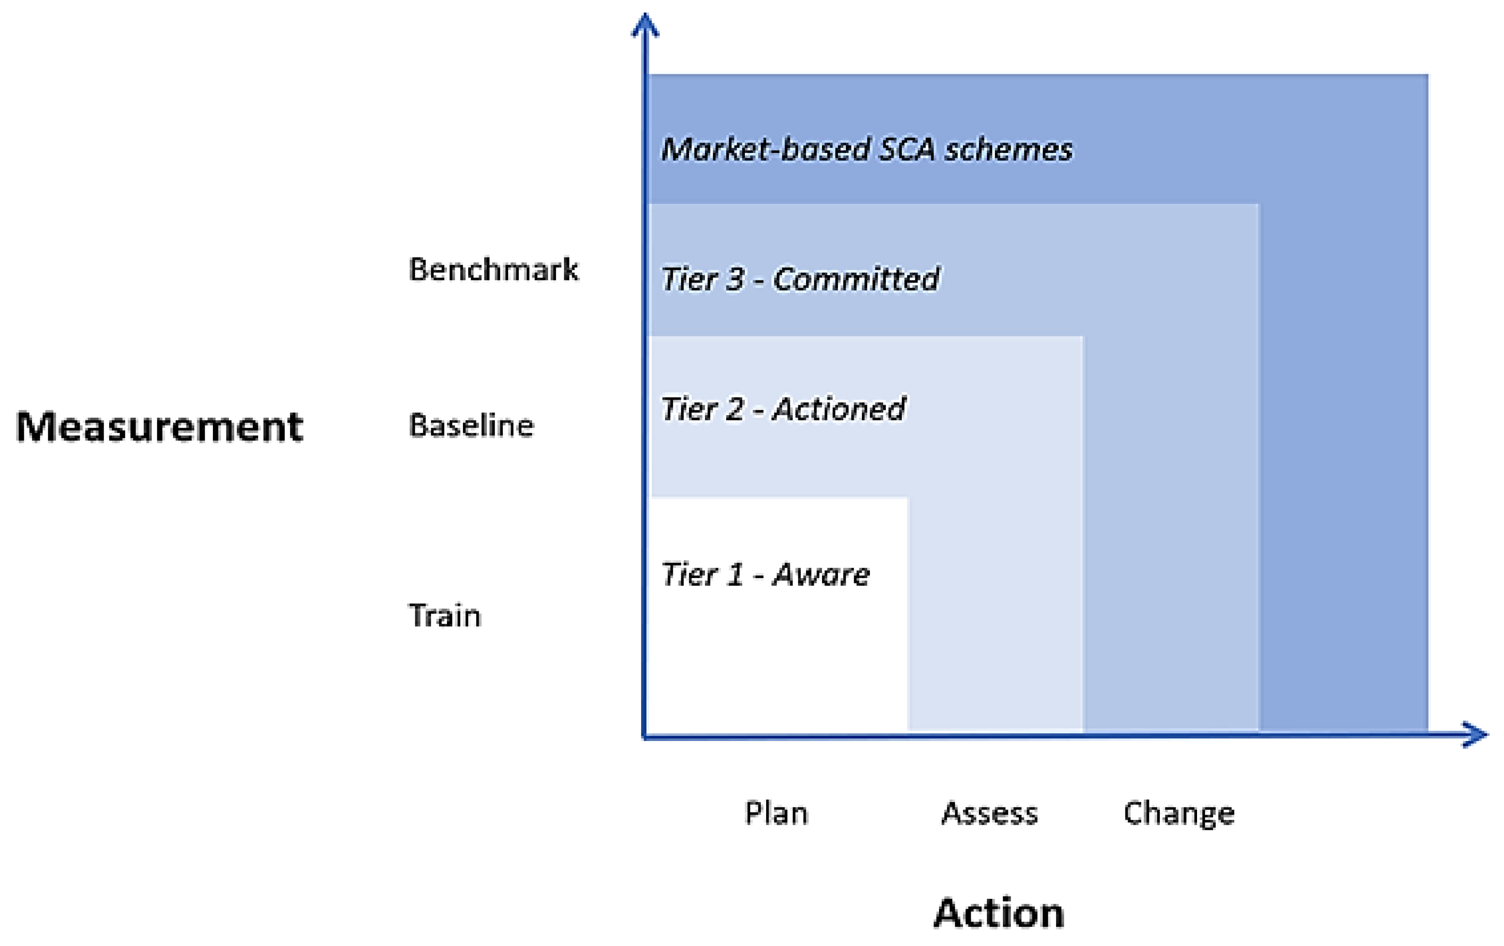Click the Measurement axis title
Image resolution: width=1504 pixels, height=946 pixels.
click(x=159, y=427)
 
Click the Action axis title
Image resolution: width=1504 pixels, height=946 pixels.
click(x=998, y=913)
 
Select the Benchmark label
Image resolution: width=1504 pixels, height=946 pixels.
click(x=493, y=270)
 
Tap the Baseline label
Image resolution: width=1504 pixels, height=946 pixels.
click(x=471, y=426)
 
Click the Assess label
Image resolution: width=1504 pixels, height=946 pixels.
click(x=989, y=814)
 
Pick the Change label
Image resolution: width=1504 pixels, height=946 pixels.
click(x=1178, y=814)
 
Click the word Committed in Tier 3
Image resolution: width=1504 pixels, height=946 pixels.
click(x=856, y=279)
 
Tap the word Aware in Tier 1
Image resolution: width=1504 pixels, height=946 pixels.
click(x=821, y=575)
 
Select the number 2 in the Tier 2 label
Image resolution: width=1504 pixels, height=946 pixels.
click(x=734, y=409)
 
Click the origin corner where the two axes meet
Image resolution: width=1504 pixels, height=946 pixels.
click(x=645, y=737)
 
